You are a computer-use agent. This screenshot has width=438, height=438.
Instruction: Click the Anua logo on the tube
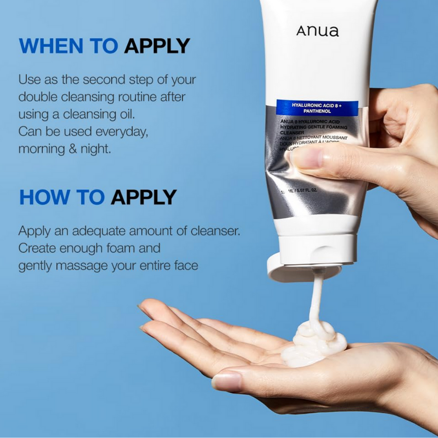click(317, 31)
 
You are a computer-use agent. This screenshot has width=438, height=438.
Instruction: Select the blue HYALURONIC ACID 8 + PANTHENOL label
click(317, 108)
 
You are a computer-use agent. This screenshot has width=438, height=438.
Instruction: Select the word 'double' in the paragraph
click(38, 97)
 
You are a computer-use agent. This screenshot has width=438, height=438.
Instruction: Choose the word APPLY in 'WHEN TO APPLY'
click(157, 46)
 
